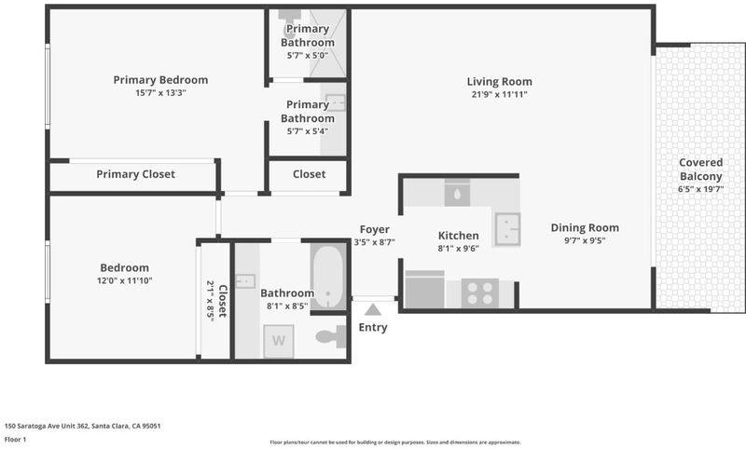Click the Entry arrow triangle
(373, 310)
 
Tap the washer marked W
(279, 341)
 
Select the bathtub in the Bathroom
(328, 277)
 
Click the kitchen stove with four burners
(480, 293)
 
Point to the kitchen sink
(507, 229)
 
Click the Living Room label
(500, 82)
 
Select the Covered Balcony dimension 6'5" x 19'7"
(701, 189)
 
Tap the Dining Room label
(585, 227)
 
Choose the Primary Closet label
(135, 174)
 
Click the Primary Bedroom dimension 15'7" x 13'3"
(160, 93)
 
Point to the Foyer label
(375, 229)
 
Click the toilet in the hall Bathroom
(331, 336)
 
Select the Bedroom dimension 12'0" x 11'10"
(125, 280)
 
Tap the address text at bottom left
(83, 426)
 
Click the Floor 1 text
(15, 440)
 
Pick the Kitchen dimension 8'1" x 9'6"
(458, 248)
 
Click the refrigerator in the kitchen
(424, 290)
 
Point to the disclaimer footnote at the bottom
(395, 442)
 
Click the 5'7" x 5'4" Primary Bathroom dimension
(308, 131)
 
